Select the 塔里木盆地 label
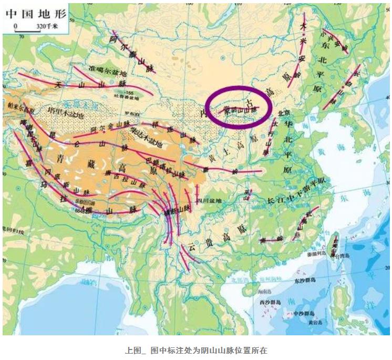[66, 110]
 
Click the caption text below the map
[196, 349]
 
